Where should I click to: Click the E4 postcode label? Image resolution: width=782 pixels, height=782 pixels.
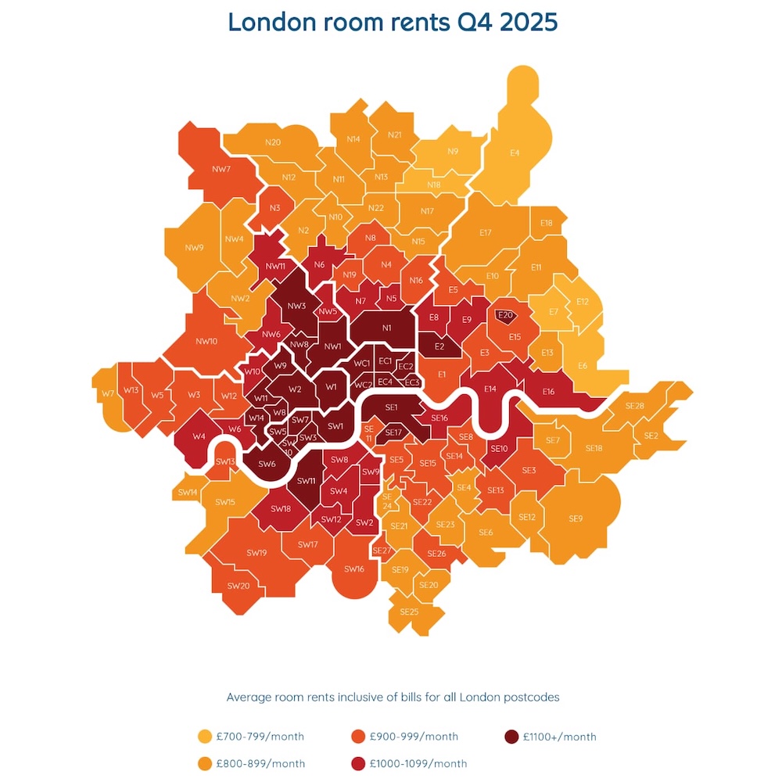[x=515, y=153]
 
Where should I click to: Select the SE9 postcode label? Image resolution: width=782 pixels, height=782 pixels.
[x=576, y=518]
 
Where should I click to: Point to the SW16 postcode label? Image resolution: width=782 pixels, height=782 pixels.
[x=354, y=569]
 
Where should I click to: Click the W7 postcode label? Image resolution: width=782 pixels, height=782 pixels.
[x=108, y=393]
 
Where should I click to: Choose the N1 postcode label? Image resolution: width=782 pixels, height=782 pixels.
[x=386, y=328]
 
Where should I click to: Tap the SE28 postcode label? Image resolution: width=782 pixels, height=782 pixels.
[x=635, y=406]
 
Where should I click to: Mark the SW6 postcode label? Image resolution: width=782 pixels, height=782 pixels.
[x=267, y=464]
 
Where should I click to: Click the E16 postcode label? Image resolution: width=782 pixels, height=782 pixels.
[x=547, y=392]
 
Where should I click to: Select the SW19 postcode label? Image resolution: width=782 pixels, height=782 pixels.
[x=256, y=553]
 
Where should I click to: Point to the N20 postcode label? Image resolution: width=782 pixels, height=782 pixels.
[x=273, y=142]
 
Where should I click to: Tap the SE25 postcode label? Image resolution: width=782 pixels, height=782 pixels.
[x=409, y=612]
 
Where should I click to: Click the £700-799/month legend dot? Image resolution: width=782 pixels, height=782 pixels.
[x=206, y=737]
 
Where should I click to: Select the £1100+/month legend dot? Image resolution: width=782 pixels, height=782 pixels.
[x=511, y=737]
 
